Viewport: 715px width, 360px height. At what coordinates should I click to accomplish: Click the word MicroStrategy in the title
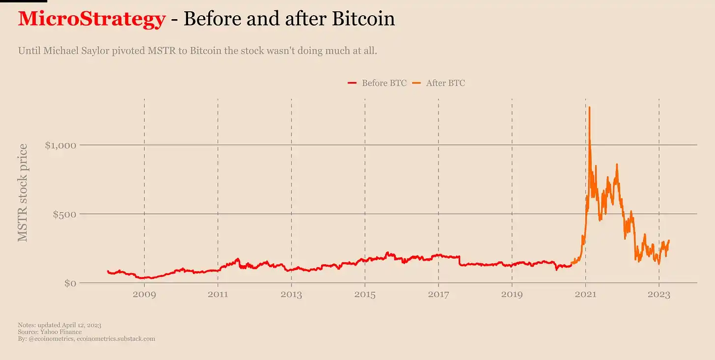pos(91,19)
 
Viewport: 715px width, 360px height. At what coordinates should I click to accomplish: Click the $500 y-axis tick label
pos(65,214)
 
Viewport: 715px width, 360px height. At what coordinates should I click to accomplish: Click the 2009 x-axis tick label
pos(144,295)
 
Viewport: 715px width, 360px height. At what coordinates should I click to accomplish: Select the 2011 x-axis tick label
pos(218,295)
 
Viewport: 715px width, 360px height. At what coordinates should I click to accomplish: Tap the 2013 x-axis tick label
pos(291,295)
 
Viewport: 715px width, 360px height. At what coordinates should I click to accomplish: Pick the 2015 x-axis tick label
pos(365,295)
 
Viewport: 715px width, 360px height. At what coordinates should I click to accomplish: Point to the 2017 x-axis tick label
pos(439,295)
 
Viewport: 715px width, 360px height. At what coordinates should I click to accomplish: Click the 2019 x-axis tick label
pos(512,295)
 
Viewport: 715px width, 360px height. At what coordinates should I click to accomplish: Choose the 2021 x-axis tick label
pos(585,295)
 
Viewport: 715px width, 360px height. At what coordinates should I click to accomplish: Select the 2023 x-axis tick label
pos(659,295)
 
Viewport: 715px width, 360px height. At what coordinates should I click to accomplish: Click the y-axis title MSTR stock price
pos(23,193)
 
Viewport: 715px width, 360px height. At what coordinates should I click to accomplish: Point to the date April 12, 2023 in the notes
pos(82,325)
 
